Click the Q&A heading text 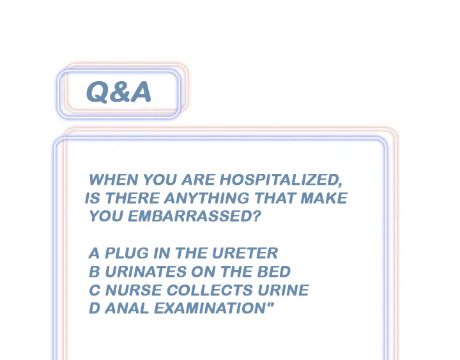[x=119, y=92]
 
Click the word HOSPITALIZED [x=280, y=180]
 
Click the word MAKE [x=324, y=198]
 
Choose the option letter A [x=94, y=253]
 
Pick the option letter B [x=95, y=272]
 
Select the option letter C [x=95, y=290]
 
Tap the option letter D [x=95, y=308]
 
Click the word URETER [x=245, y=253]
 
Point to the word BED [x=274, y=272]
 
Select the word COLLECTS [x=210, y=290]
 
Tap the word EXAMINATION [x=210, y=308]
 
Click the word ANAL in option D [x=127, y=308]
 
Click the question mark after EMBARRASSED [x=257, y=216]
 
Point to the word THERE [x=132, y=198]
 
